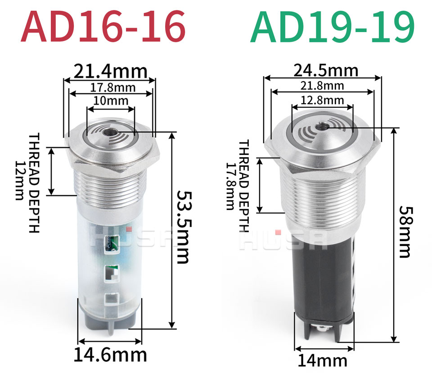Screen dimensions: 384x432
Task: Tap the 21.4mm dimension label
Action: point(111,71)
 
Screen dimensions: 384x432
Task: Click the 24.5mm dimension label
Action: point(326,70)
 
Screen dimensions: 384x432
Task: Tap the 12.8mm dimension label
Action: point(322,100)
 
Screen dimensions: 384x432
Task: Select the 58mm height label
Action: point(405,232)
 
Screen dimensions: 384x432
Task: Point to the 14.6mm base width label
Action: point(110,355)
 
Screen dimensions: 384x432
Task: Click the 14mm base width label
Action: point(322,361)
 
